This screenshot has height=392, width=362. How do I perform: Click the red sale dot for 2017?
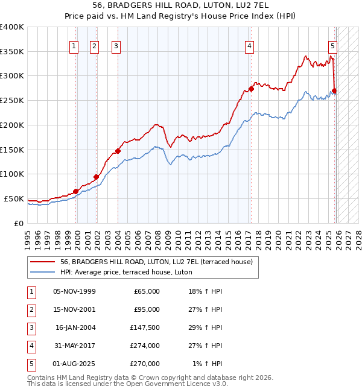251,89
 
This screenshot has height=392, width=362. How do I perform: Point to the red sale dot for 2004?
118,151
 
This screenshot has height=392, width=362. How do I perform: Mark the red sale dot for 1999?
76,191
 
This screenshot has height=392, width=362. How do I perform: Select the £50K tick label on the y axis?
14,198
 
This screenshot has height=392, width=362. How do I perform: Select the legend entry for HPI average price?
125,272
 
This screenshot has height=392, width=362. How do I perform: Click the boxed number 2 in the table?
30,309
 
